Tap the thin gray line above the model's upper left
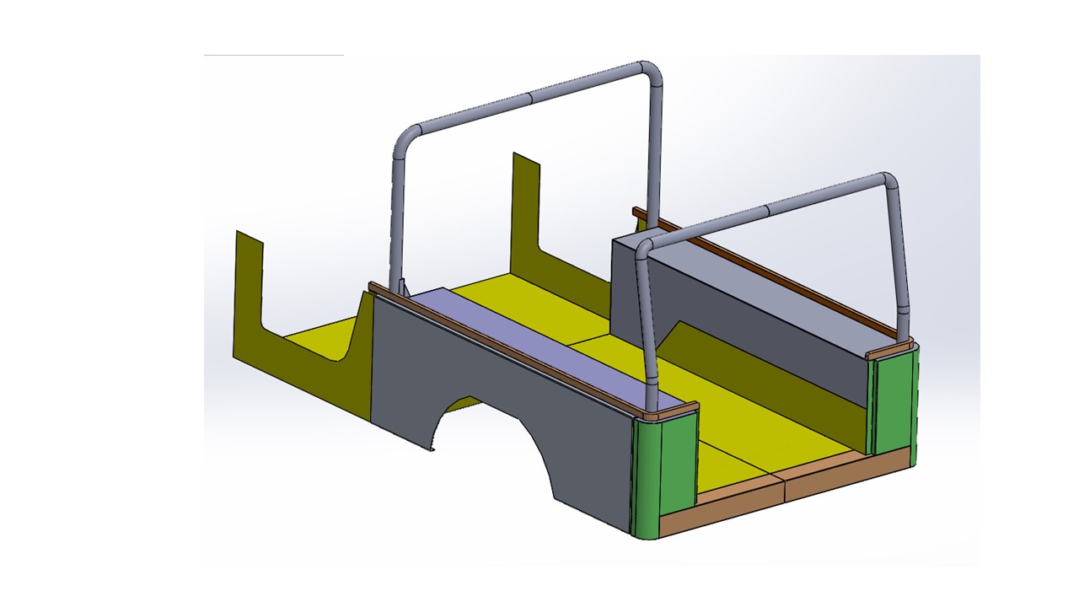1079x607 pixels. [x=274, y=56]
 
